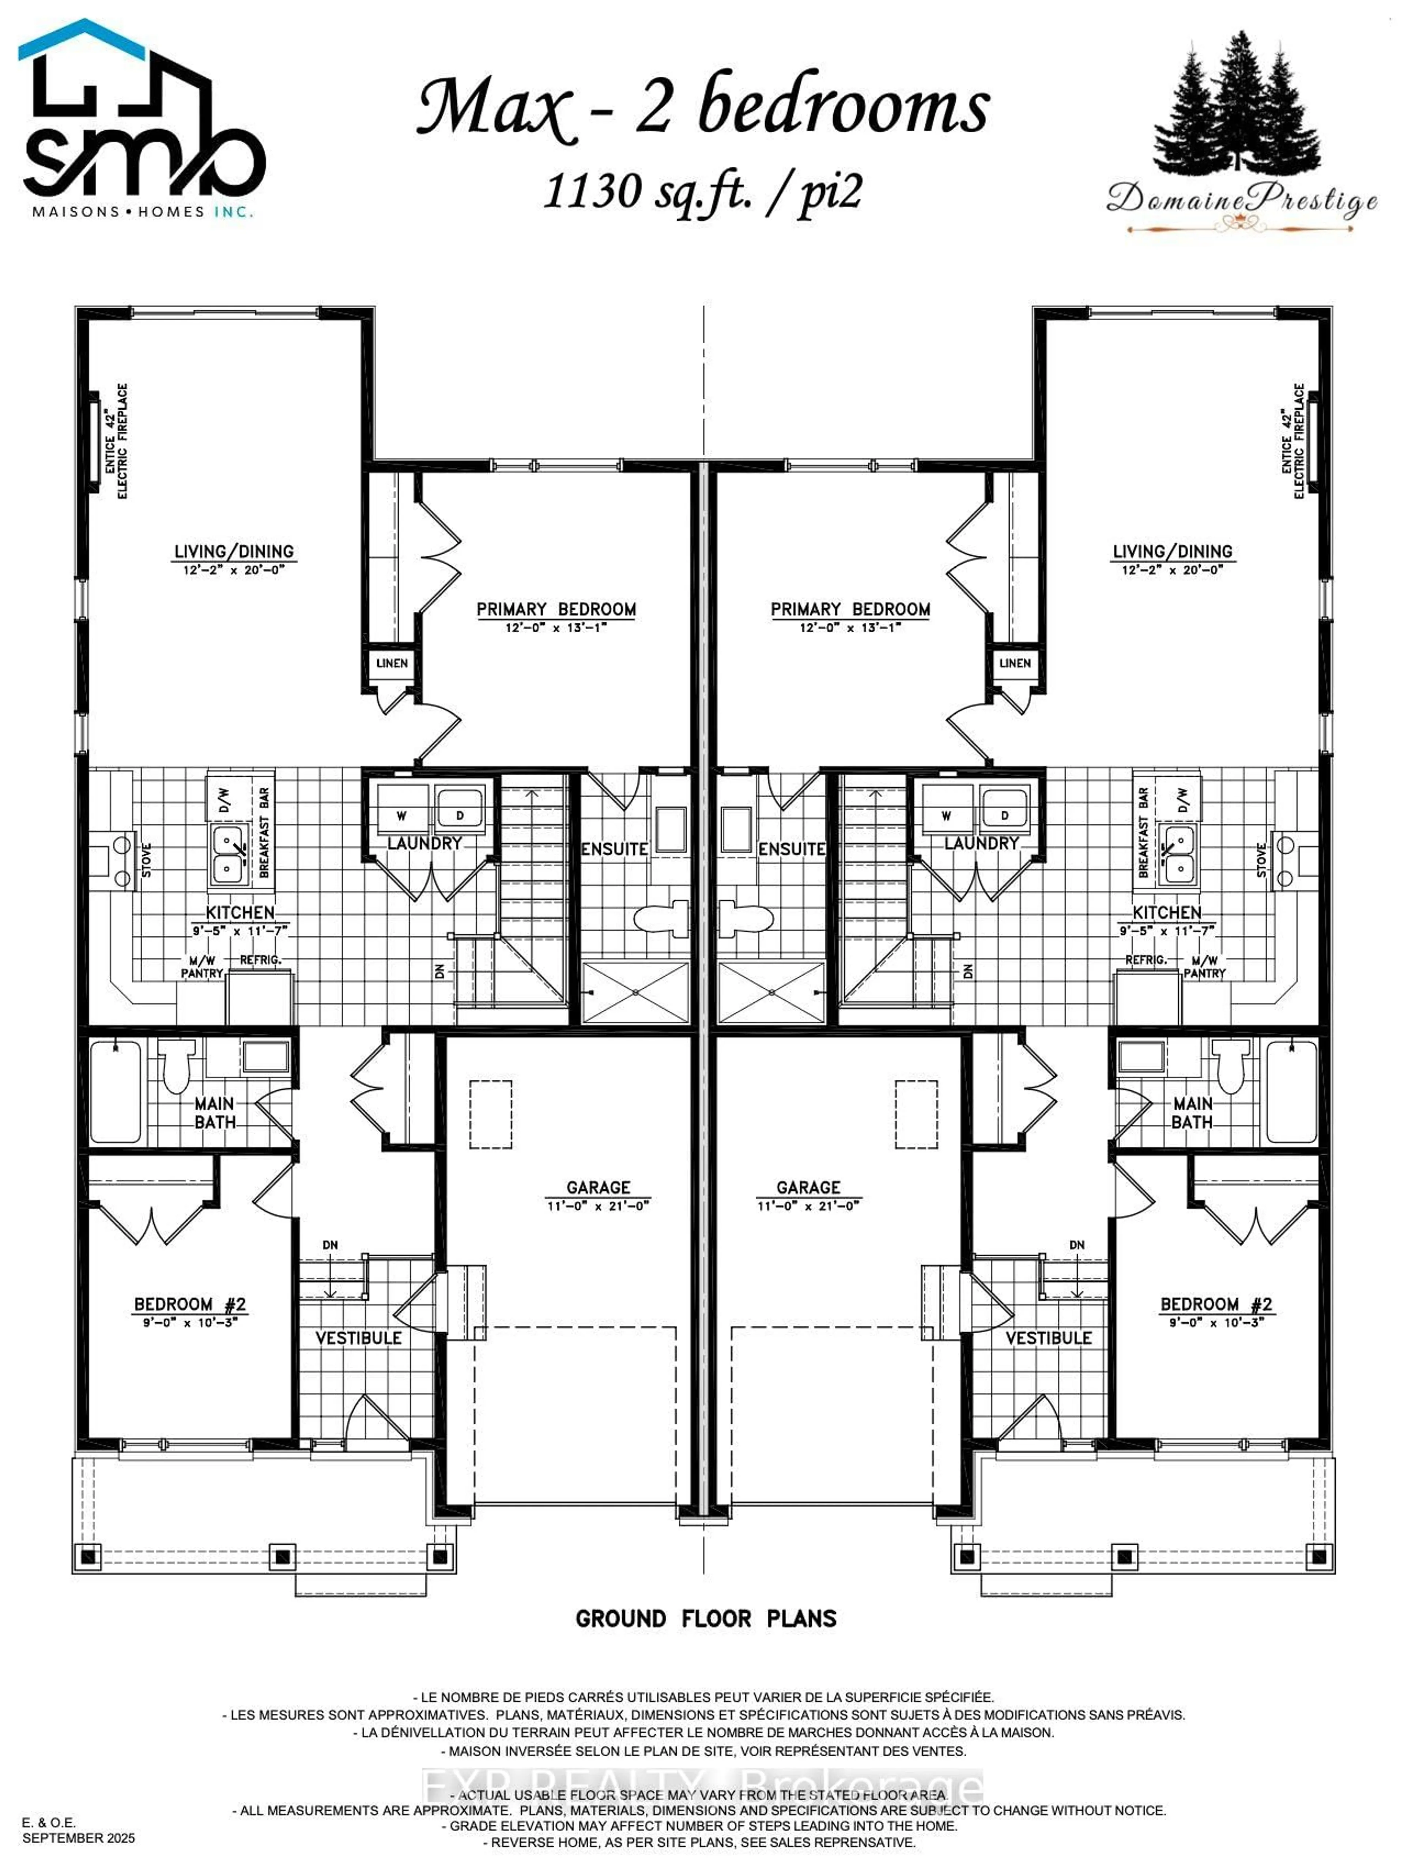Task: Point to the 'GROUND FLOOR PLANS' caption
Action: pos(706,1619)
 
